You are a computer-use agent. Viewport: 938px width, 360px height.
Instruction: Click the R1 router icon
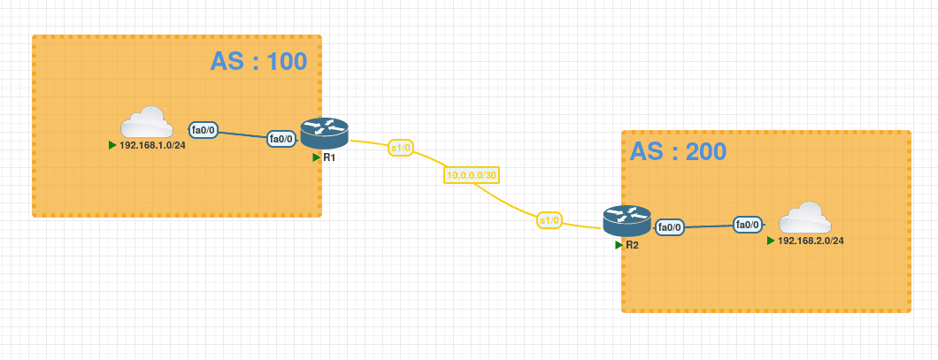325,133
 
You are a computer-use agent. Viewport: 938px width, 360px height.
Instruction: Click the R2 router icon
627,219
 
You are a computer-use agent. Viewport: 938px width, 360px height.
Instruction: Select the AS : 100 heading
258,61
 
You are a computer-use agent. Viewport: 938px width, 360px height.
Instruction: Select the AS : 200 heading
678,151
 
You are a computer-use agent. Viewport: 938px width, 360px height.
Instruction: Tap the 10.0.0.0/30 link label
472,175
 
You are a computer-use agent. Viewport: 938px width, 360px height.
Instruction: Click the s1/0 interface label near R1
401,148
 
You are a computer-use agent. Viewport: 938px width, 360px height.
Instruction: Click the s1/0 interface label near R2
549,220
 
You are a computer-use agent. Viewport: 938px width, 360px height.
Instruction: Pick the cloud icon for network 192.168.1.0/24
146,123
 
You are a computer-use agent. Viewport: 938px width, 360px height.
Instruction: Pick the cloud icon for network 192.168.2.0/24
804,218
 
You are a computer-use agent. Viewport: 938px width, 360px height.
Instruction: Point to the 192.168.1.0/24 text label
152,145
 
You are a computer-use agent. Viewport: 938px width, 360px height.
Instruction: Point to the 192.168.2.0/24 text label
811,241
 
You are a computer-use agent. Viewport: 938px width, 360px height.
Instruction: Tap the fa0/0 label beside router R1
281,139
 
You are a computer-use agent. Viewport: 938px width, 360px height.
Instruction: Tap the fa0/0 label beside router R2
670,227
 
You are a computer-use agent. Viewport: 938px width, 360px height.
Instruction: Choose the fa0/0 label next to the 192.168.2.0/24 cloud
749,226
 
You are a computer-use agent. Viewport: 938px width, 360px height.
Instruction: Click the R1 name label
329,157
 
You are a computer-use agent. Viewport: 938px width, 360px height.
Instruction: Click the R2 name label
632,245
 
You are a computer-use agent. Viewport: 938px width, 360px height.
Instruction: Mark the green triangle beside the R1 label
316,157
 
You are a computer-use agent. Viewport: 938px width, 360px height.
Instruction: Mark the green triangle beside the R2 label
619,245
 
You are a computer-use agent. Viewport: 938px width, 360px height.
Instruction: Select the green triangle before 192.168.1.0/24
112,145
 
